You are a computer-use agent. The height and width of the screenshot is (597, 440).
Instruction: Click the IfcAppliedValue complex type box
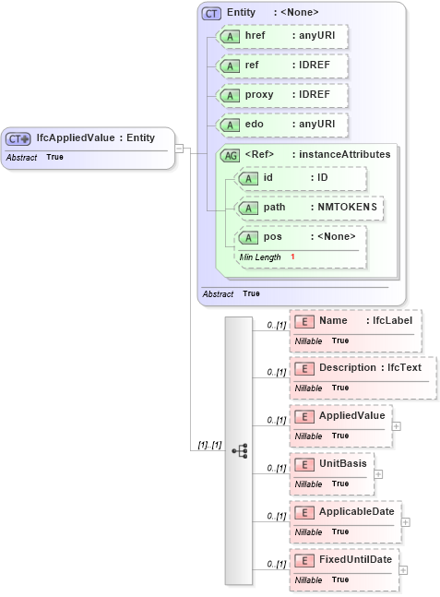pos(87,147)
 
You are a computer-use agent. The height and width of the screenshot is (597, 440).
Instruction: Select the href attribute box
pos(280,36)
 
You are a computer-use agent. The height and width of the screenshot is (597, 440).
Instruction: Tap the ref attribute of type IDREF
pos(280,66)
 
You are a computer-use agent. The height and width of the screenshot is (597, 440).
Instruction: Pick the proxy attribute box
pos(280,96)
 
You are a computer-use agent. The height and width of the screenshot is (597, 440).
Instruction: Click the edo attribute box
pos(280,125)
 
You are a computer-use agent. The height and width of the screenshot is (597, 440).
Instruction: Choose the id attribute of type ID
pos(301,178)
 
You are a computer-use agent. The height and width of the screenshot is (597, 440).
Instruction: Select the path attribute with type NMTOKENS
pos(309,208)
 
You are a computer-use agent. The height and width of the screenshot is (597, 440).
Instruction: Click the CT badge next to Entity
pos(211,13)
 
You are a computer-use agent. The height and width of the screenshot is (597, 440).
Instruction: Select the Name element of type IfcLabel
pos(355,330)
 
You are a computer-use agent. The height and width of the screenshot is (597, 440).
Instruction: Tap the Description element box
pos(363,377)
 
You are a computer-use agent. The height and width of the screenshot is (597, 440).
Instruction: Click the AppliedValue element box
pos(340,424)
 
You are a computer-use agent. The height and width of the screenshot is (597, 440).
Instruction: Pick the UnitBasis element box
pos(331,472)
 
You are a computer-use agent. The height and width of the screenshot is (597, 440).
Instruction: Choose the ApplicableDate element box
pos(345,520)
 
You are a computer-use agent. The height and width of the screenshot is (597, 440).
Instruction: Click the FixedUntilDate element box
pos(344,568)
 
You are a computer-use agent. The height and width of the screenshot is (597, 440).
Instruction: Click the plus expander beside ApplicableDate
pos(406,521)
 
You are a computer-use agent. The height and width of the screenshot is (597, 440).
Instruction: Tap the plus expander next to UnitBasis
pos(378,473)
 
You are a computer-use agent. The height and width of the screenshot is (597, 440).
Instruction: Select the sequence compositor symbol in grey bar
pos(239,450)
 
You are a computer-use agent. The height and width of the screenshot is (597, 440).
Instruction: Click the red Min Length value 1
pos(292,257)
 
